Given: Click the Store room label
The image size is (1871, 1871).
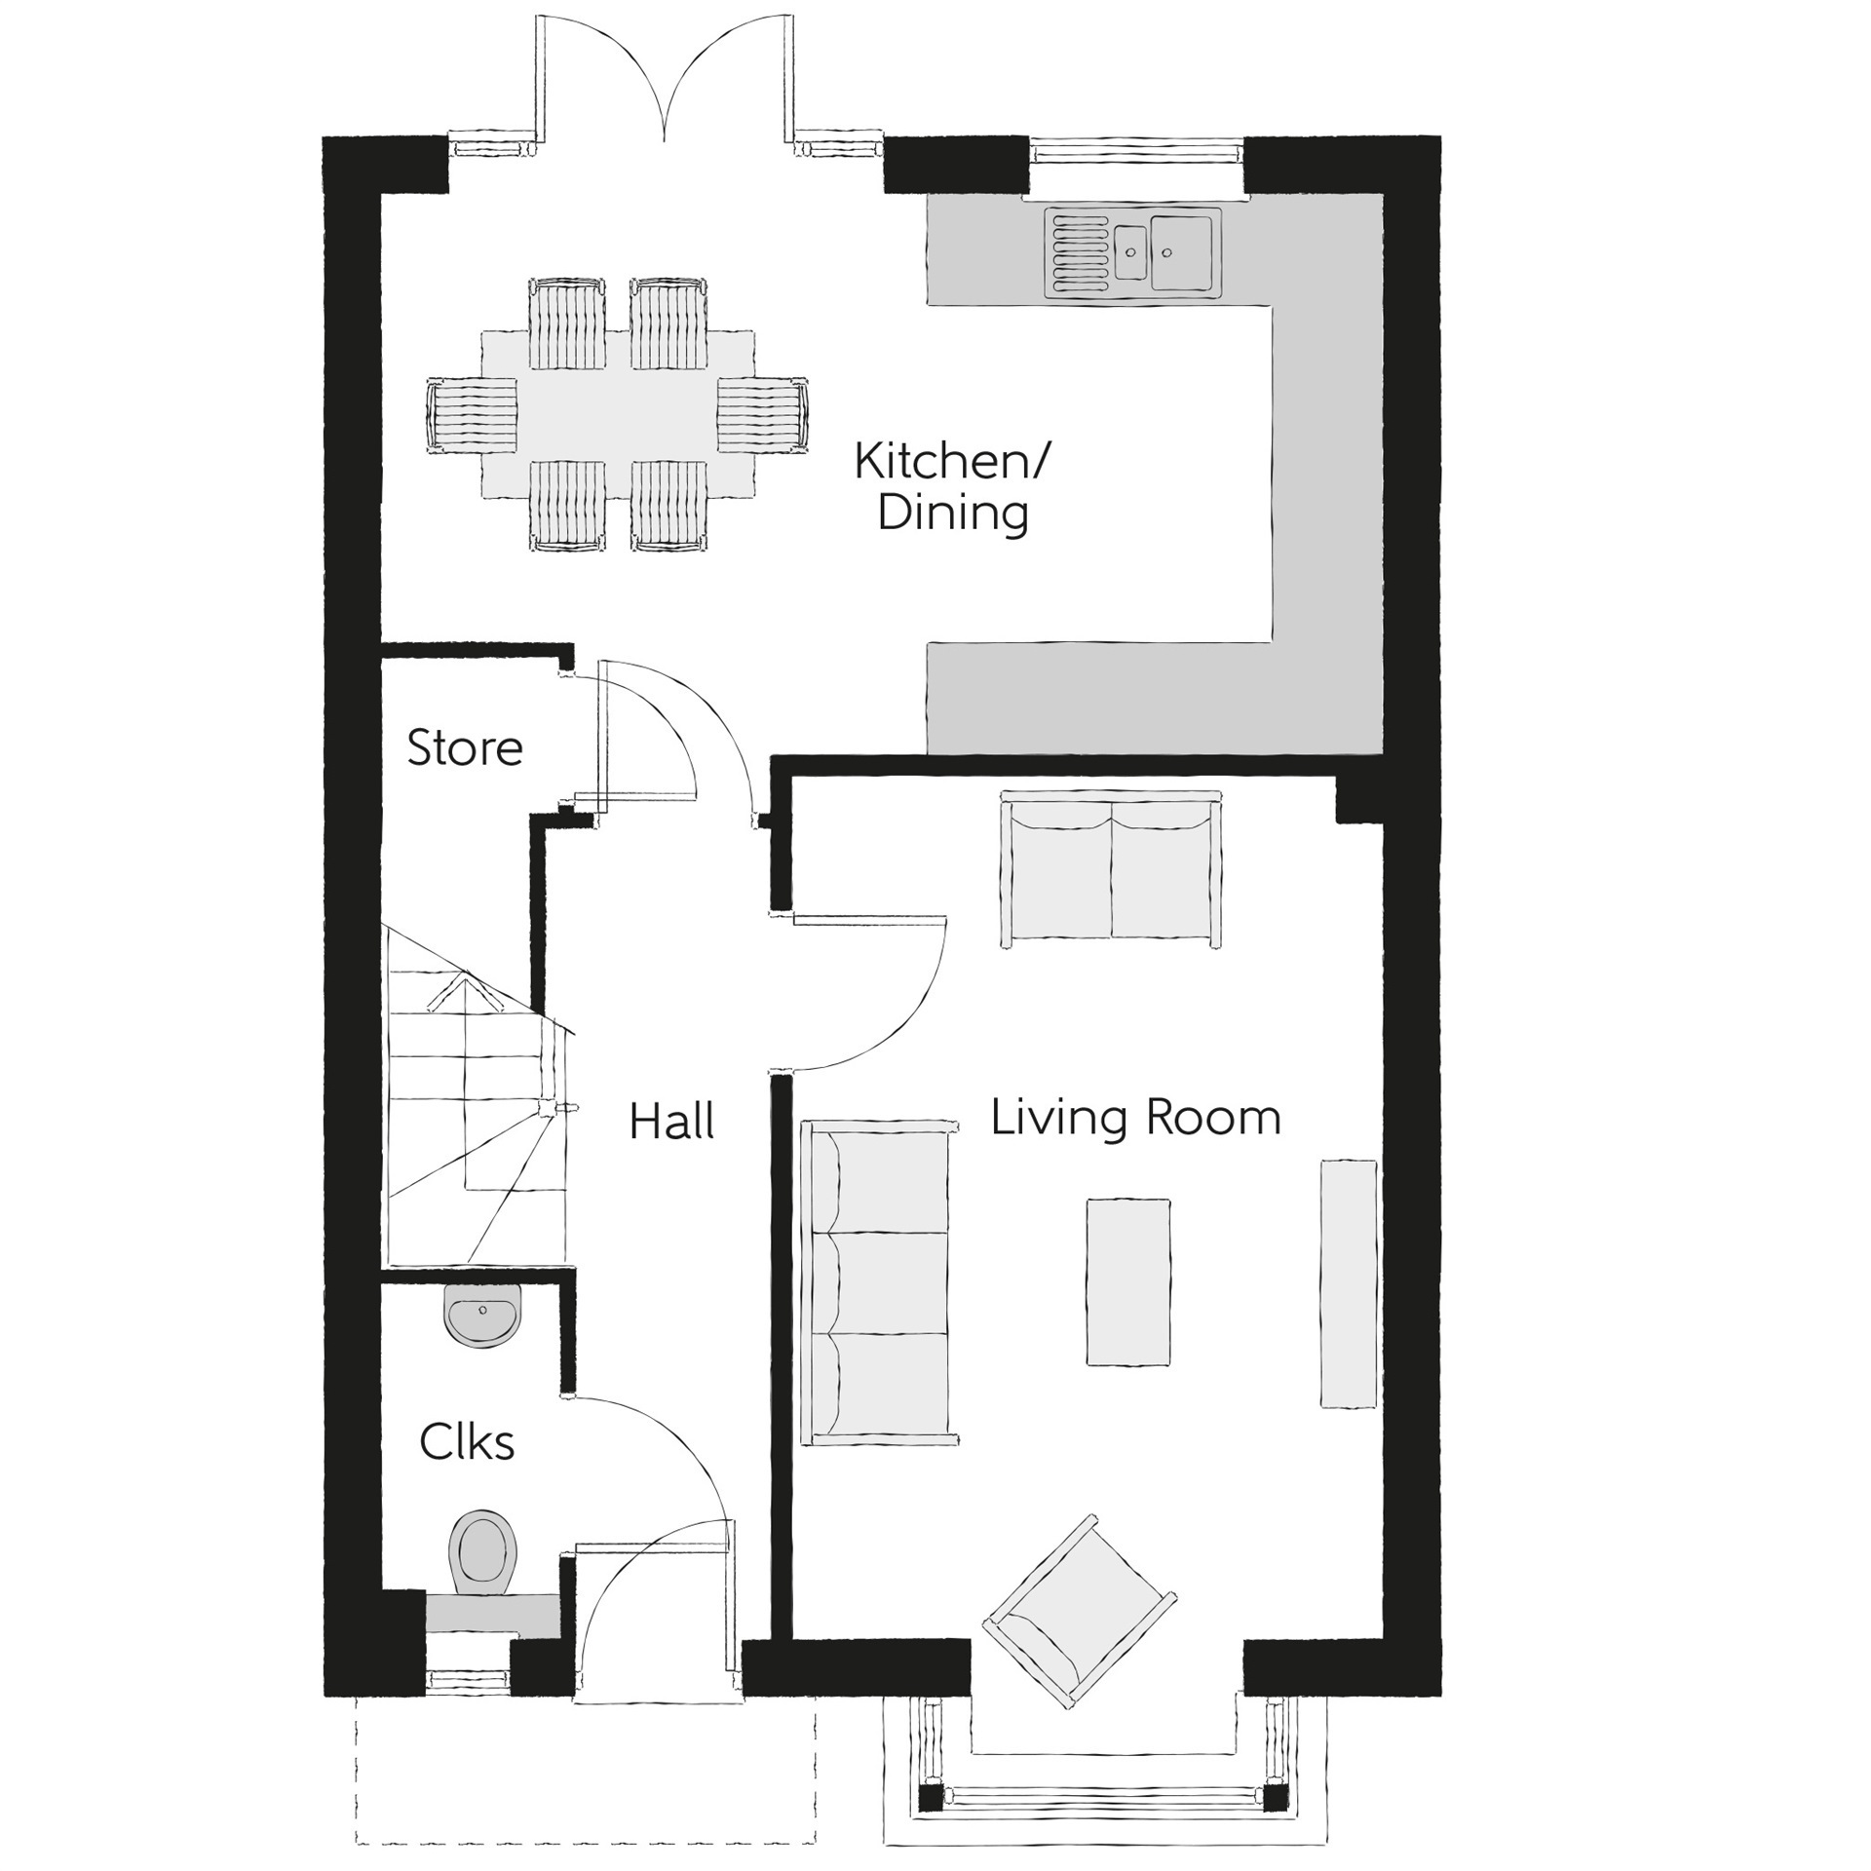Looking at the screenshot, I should pyautogui.click(x=464, y=748).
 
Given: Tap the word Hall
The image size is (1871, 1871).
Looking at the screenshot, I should pyautogui.click(x=671, y=1122).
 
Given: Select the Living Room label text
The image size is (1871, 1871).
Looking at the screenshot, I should pyautogui.click(x=1135, y=1118).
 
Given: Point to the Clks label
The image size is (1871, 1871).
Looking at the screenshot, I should pyautogui.click(x=467, y=1442).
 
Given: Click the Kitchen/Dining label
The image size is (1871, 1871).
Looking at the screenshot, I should pyautogui.click(x=952, y=487).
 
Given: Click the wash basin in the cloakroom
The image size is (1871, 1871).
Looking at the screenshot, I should pyautogui.click(x=482, y=1313).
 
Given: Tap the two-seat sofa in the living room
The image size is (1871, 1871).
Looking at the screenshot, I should pyautogui.click(x=1111, y=869).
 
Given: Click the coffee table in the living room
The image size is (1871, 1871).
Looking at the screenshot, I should pyautogui.click(x=1128, y=1281).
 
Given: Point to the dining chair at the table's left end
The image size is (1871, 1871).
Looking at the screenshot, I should pyautogui.click(x=472, y=413).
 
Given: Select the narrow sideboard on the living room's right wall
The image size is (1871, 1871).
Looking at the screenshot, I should pyautogui.click(x=1349, y=1283).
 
